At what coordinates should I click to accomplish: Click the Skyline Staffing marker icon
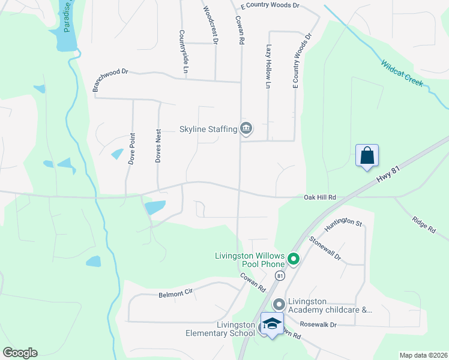pos(246,128)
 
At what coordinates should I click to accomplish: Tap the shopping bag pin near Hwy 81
pos(367,155)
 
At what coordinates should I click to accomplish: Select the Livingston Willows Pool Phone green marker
pos(294,259)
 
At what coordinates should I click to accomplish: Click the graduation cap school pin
pos(272,323)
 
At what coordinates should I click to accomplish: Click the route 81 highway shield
pos(280,275)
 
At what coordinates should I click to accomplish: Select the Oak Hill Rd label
pos(320,197)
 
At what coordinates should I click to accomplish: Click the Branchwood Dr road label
pos(110,79)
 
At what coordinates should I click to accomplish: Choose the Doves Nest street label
pos(158,146)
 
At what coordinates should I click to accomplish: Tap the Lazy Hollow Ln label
pos(268,66)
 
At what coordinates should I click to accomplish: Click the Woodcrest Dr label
pos(211,25)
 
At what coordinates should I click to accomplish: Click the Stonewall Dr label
pos(325,248)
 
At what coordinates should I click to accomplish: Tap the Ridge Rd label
pos(423,223)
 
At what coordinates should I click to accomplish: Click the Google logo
pos(20,353)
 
